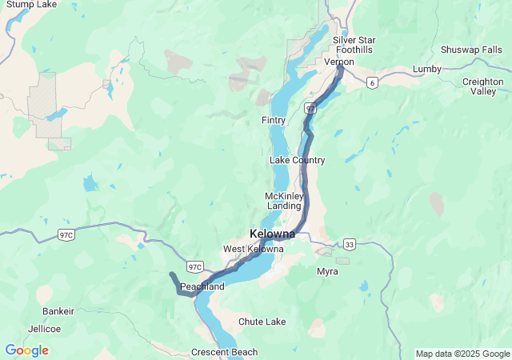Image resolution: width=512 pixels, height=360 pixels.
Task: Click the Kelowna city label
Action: pos(272,234)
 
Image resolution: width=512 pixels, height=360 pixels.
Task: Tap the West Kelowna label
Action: pos(253,249)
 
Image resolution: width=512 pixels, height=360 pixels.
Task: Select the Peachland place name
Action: pos(202,286)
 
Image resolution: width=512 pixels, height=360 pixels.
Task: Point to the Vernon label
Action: pos(339,62)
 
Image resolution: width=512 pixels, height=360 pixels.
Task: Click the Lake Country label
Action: pos(297,160)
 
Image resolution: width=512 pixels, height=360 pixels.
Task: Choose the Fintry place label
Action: pos(274,120)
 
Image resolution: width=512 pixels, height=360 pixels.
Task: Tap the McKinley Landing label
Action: pos(283,201)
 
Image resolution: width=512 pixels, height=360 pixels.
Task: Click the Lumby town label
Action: pos(426,69)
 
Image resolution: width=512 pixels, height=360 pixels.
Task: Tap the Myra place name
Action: pos(327,271)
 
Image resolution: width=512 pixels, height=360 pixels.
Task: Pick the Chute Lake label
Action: pos(262,322)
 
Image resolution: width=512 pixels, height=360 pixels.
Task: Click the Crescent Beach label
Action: pos(224,352)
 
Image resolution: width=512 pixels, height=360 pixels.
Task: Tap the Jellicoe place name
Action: pos(44,328)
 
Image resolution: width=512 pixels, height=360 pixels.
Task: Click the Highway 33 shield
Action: pos(349,243)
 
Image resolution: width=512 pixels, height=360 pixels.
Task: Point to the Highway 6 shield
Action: pos(372,82)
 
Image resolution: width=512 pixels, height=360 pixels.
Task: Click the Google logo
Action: pos(26,350)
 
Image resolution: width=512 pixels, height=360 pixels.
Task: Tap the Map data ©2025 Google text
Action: pos(462,354)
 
